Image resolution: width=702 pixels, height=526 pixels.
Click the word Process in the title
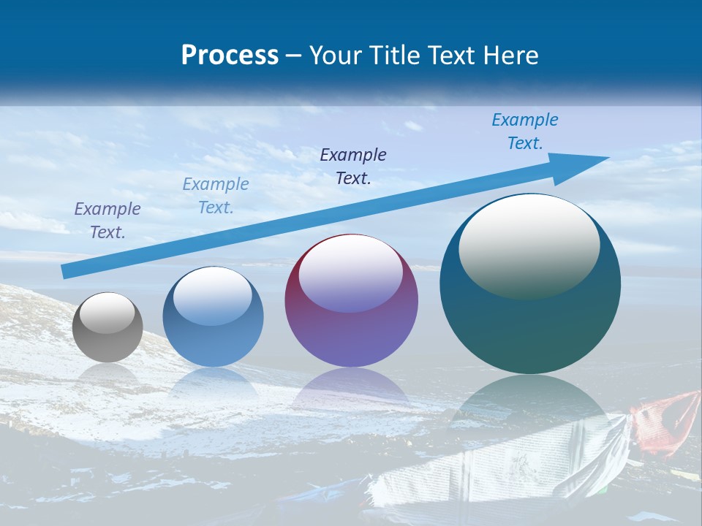230,56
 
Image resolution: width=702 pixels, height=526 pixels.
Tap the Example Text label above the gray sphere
107,221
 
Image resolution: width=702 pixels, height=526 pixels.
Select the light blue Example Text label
215,196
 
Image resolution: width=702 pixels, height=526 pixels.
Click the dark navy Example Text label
353,166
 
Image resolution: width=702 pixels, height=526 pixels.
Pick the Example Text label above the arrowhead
524,131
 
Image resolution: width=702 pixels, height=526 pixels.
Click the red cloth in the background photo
669,420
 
